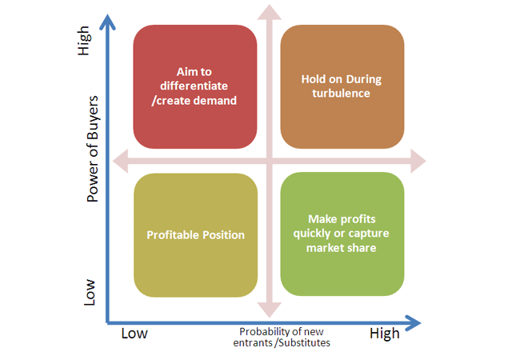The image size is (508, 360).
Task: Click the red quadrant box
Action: pyautogui.click(x=195, y=87)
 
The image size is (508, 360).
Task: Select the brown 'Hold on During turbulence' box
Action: pyautogui.click(x=342, y=87)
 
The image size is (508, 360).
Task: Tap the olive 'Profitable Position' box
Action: pyautogui.click(x=196, y=235)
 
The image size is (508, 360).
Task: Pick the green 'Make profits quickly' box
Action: pyautogui.click(x=342, y=234)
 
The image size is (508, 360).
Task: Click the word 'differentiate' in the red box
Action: pyautogui.click(x=194, y=86)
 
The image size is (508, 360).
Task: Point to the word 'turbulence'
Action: pyautogui.click(x=341, y=94)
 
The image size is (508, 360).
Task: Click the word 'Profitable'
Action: pyautogui.click(x=170, y=235)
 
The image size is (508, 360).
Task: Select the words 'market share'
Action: pyautogui.click(x=341, y=248)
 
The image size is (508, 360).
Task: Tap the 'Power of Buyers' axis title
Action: pyautogui.click(x=93, y=149)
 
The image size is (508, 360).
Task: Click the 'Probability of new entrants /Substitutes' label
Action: pyautogui.click(x=282, y=338)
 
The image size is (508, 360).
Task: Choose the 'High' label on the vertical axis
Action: pyautogui.click(x=83, y=41)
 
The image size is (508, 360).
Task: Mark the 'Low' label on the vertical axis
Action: pyautogui.click(x=90, y=292)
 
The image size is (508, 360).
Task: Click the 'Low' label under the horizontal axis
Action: pyautogui.click(x=134, y=334)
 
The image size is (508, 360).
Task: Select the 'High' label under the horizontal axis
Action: pyautogui.click(x=385, y=334)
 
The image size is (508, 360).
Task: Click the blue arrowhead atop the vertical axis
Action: pyautogui.click(x=107, y=22)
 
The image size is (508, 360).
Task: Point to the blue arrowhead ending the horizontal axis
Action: pyautogui.click(x=413, y=323)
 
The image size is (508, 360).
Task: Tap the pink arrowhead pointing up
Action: pyautogui.click(x=270, y=12)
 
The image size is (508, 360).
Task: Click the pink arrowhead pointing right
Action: pyautogui.click(x=418, y=161)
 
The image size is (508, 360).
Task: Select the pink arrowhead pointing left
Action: pyautogui.click(x=120, y=161)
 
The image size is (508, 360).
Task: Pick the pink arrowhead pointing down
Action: pyautogui.click(x=270, y=310)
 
